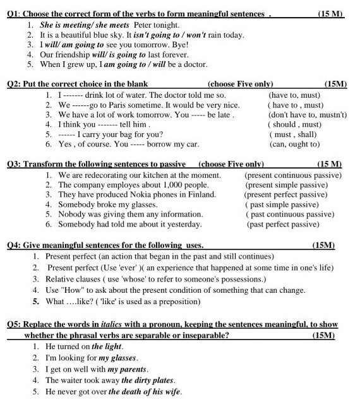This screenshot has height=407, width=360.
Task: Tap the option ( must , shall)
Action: click(293, 134)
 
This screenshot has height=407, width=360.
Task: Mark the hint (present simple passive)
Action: click(288, 185)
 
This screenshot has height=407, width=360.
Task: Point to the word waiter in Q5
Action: click(71, 380)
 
